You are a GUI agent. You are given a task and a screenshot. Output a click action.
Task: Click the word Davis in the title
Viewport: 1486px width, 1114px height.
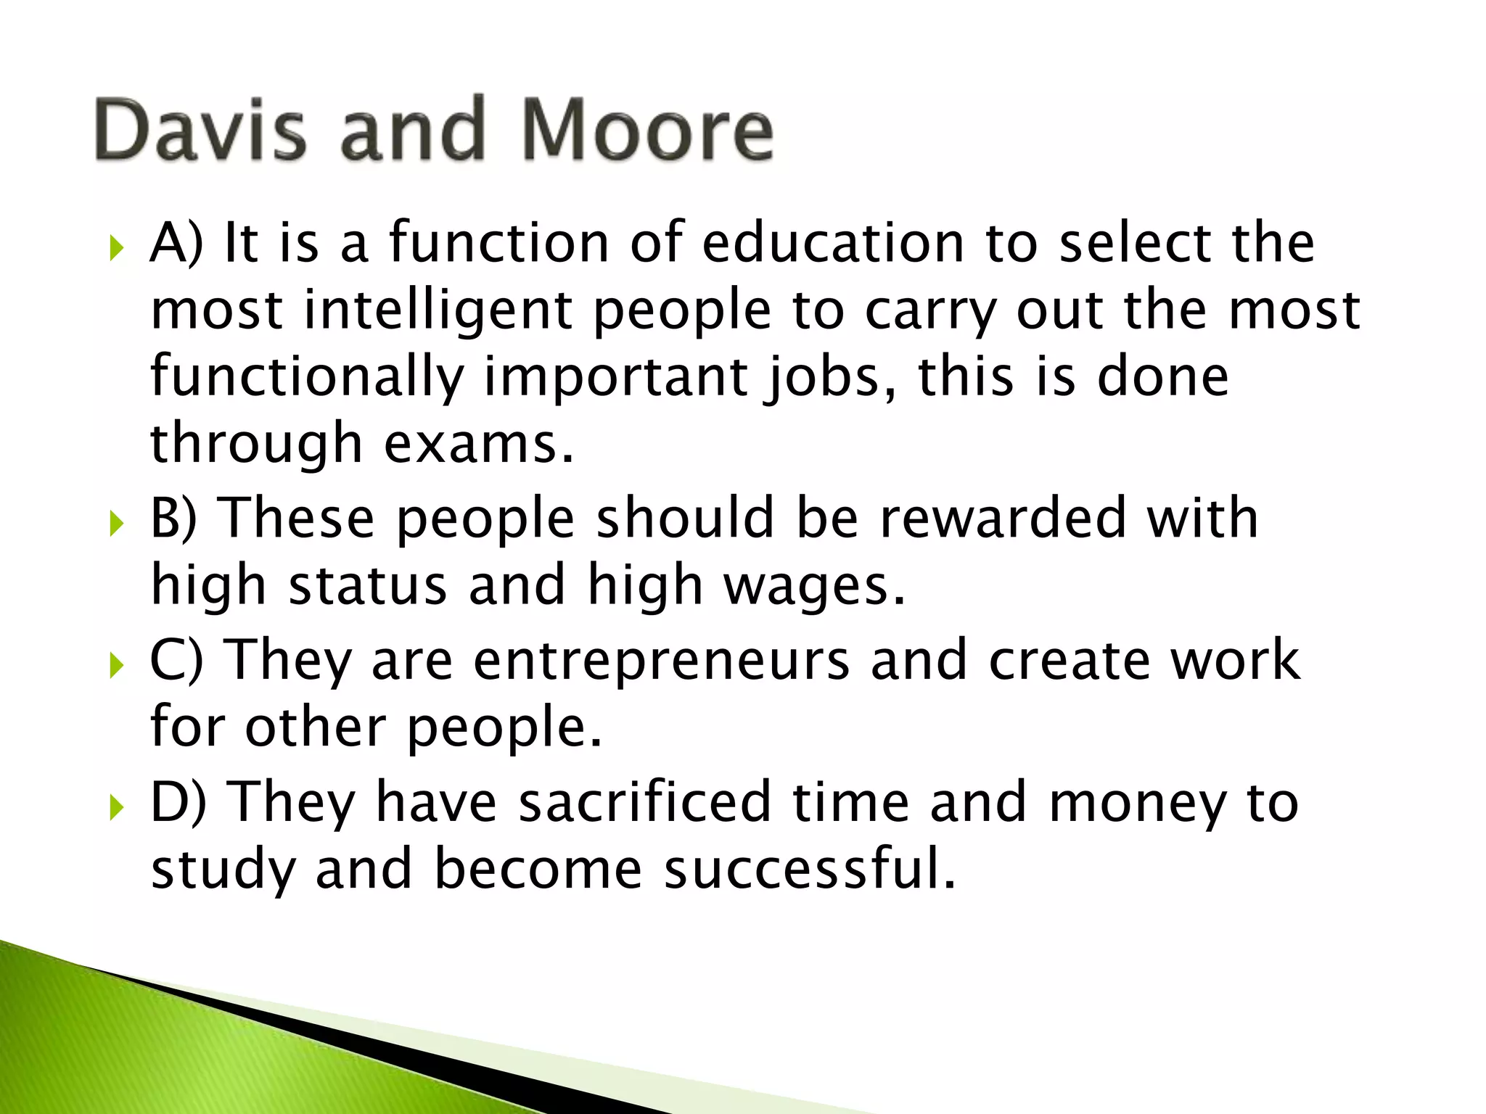(x=200, y=131)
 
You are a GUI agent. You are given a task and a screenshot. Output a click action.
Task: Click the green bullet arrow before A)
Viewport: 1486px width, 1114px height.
(x=116, y=249)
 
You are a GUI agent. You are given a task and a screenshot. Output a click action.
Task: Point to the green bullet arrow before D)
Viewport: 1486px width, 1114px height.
(x=116, y=806)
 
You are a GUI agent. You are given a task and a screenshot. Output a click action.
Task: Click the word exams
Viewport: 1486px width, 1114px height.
(x=478, y=444)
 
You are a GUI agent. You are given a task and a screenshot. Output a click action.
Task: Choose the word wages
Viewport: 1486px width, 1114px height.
(x=816, y=586)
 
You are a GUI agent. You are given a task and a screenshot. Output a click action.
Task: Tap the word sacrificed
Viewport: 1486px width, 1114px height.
(x=645, y=802)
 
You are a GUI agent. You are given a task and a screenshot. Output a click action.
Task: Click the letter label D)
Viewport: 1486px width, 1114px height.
(x=178, y=802)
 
